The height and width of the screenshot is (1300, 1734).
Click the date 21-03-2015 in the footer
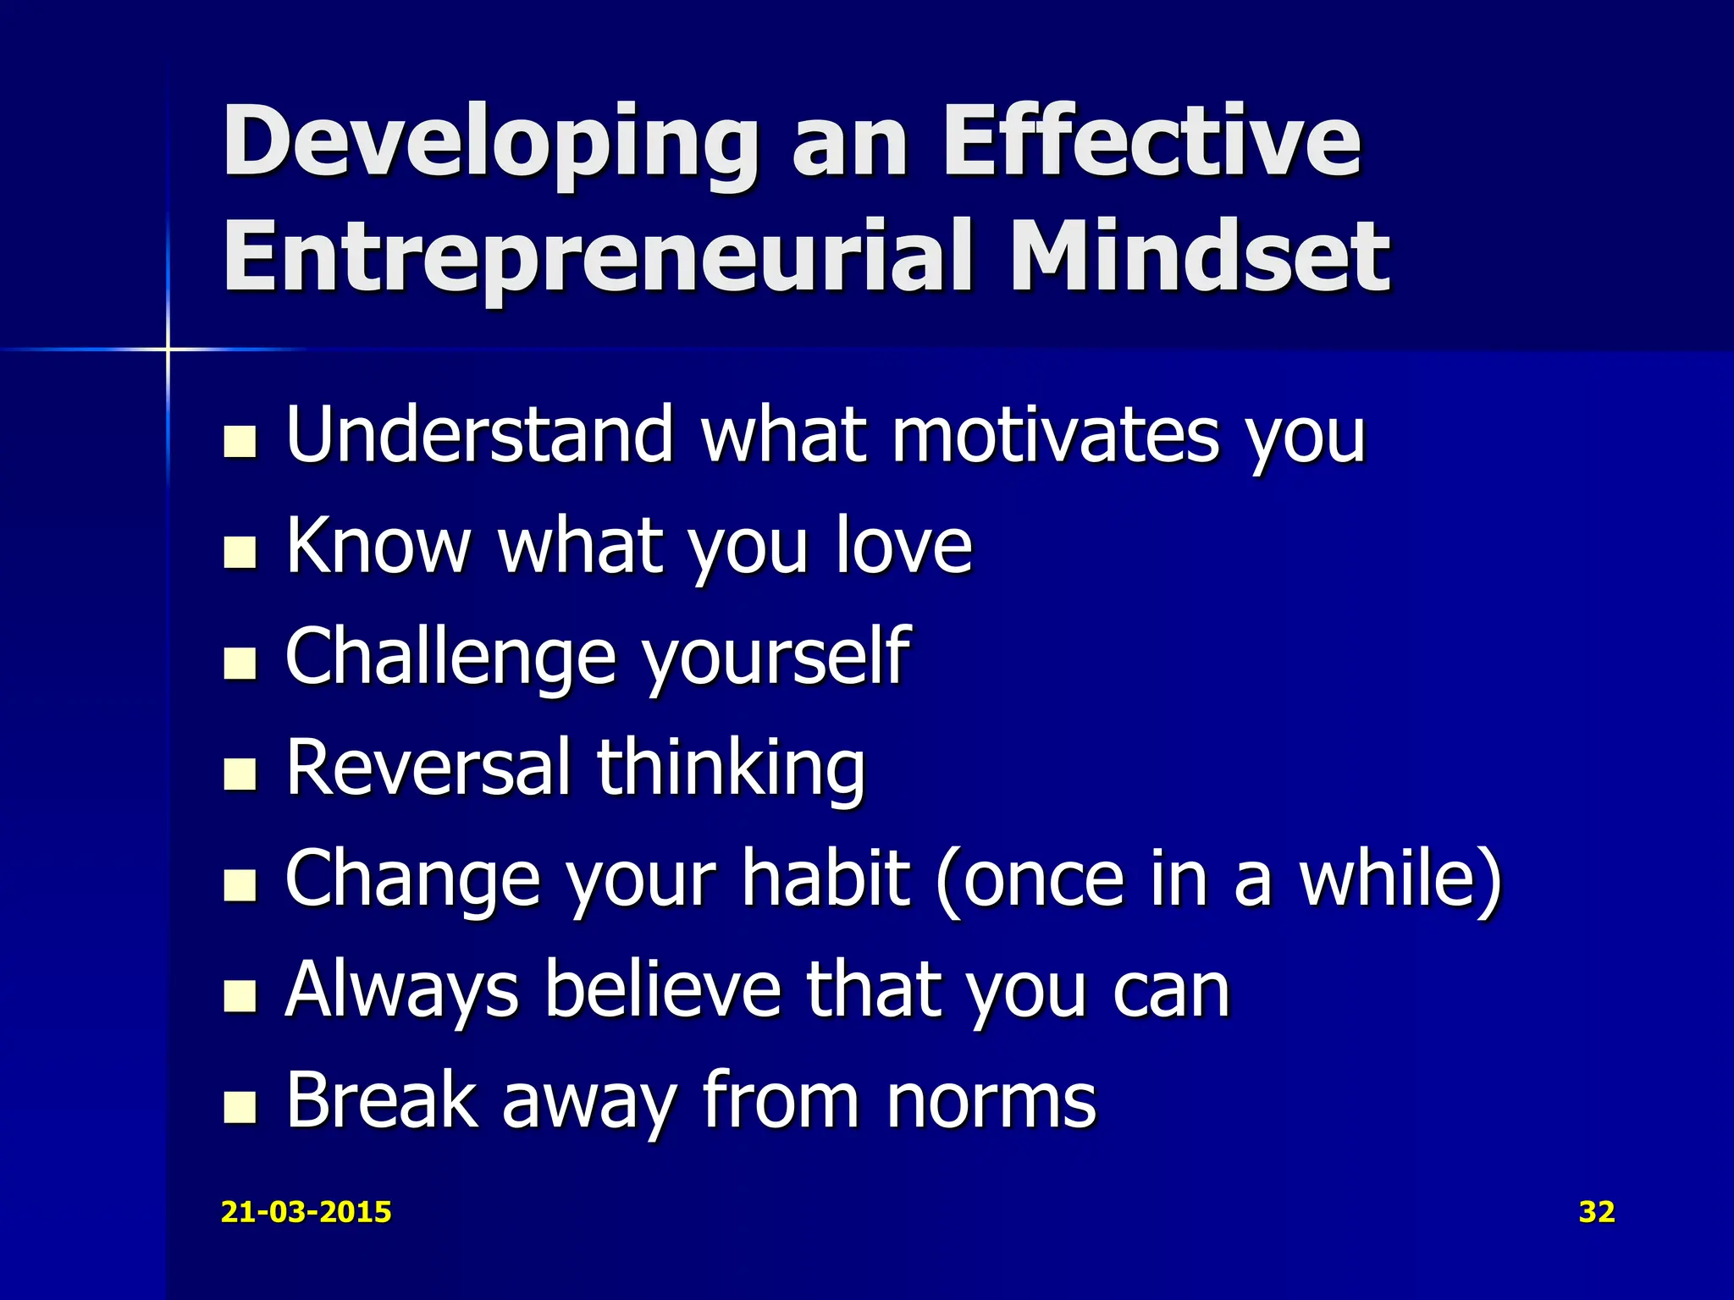tap(306, 1212)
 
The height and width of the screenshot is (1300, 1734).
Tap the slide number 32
tap(1597, 1212)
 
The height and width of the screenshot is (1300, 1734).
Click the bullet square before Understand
tap(240, 441)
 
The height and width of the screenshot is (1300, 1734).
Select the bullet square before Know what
tap(240, 552)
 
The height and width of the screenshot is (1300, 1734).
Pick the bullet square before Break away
tap(240, 1106)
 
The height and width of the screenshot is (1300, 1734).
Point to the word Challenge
tap(450, 658)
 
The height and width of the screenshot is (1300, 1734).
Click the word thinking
tap(731, 768)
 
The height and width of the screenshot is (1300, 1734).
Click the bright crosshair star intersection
tap(168, 349)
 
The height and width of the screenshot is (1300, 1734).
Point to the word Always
tap(401, 990)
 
